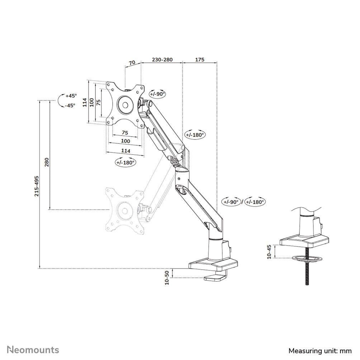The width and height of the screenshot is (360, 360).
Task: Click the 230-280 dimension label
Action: pyautogui.click(x=162, y=60)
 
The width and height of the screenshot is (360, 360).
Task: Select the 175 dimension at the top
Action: pyautogui.click(x=200, y=60)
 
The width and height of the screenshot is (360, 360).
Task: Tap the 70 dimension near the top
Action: pyautogui.click(x=132, y=62)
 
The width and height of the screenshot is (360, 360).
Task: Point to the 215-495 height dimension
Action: pyautogui.click(x=37, y=186)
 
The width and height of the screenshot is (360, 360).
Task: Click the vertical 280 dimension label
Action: pyautogui.click(x=46, y=162)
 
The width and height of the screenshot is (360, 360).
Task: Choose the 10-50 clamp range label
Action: pyautogui.click(x=167, y=278)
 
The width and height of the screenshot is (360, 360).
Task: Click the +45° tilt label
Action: pyautogui.click(x=71, y=96)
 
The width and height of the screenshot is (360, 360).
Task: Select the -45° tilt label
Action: pyautogui.click(x=70, y=105)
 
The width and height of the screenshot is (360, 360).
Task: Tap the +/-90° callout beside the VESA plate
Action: pyautogui.click(x=157, y=94)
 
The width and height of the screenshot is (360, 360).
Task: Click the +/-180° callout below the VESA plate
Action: pyautogui.click(x=125, y=162)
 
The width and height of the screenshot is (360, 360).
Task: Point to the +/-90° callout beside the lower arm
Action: pyautogui.click(x=231, y=202)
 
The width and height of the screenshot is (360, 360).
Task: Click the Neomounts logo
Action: pyautogui.click(x=33, y=350)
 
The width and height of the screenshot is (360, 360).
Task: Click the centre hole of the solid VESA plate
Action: pyautogui.click(x=125, y=105)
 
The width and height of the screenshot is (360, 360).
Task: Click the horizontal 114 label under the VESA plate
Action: pyautogui.click(x=125, y=151)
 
